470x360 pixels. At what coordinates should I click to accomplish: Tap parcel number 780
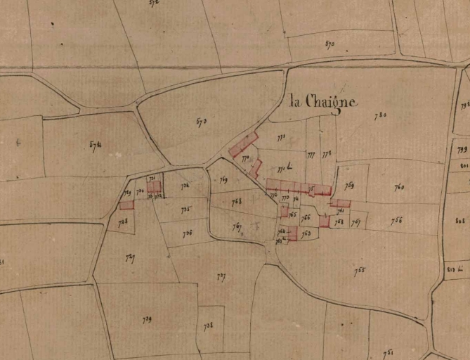tap(380, 116)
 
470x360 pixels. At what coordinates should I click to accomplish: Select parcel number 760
tap(399, 187)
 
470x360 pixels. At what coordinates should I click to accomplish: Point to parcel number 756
tap(397, 220)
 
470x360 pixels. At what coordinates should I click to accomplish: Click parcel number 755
tap(360, 271)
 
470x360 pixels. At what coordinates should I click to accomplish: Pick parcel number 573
tap(201, 122)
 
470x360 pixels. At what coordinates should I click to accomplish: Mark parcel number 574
tap(96, 145)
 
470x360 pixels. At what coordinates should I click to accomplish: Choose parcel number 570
tap(330, 44)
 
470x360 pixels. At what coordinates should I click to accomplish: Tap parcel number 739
tap(148, 319)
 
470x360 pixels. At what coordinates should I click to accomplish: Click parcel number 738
tap(209, 326)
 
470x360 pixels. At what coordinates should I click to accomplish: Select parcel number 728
tap(123, 221)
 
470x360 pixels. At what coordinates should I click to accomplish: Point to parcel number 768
tap(236, 202)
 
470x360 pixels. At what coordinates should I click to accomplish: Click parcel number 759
tap(349, 186)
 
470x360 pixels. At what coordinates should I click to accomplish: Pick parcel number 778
tap(327, 154)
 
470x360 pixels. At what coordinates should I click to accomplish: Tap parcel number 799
tap(462, 149)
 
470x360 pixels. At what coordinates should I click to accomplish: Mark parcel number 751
tap(388, 352)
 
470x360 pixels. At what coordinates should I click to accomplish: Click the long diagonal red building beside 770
tap(243, 146)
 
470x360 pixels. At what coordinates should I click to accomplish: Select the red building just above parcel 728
tap(126, 205)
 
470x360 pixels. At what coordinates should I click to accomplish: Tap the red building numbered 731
tap(154, 187)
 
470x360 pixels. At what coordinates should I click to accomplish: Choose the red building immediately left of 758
tap(324, 221)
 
